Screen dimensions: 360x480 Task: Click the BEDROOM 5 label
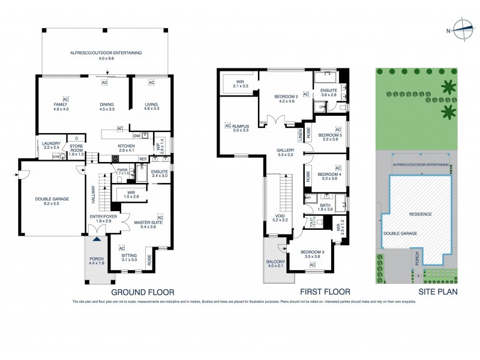pyautogui.click(x=329, y=135)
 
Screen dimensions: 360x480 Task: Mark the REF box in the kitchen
pyautogui.click(x=143, y=159)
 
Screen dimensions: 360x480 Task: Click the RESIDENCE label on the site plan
pyautogui.click(x=421, y=214)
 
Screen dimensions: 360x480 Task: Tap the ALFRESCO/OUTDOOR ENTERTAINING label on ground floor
pyautogui.click(x=106, y=53)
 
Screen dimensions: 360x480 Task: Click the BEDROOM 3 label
pyautogui.click(x=311, y=252)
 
